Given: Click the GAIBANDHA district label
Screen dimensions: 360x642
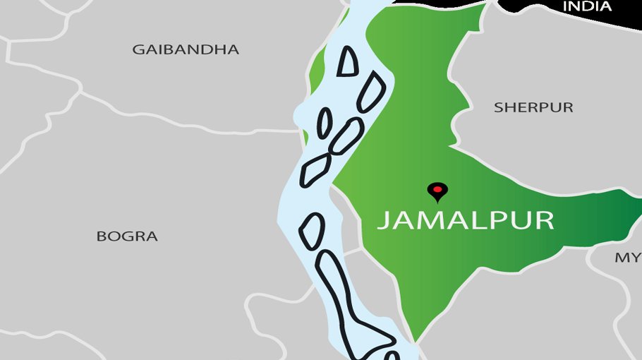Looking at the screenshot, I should pyautogui.click(x=186, y=49).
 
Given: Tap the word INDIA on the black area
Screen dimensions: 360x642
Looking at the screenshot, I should pyautogui.click(x=586, y=6).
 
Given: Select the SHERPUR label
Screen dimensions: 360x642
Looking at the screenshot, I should pyautogui.click(x=533, y=107).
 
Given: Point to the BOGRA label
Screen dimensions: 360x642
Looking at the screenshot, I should pyautogui.click(x=127, y=236).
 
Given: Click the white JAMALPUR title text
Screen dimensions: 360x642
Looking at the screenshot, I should pyautogui.click(x=465, y=220).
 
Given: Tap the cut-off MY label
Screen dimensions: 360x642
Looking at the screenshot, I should pyautogui.click(x=627, y=258).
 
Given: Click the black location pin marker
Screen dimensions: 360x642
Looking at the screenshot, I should pyautogui.click(x=438, y=191).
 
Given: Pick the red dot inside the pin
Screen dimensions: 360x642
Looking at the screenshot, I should pyautogui.click(x=438, y=188).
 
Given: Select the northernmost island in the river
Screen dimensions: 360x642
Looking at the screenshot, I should pyautogui.click(x=347, y=62).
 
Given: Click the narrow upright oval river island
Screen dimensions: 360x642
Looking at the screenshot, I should pyautogui.click(x=324, y=124).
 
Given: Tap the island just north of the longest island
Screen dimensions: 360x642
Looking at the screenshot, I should pyautogui.click(x=312, y=230).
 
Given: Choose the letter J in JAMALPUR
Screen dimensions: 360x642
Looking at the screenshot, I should pyautogui.click(x=382, y=220).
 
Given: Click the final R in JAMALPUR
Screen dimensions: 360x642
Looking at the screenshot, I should pyautogui.click(x=543, y=220).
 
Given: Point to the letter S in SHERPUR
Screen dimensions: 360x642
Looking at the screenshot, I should pyautogui.click(x=498, y=107).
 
